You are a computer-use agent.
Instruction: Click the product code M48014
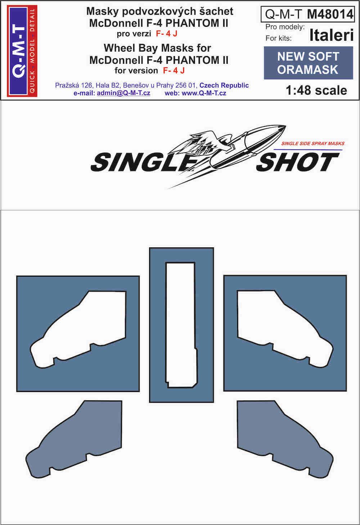click(x=330, y=14)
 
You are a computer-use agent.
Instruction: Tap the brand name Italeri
click(x=331, y=35)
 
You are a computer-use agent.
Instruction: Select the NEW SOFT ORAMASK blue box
click(x=308, y=63)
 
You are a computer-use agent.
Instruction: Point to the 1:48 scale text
click(x=316, y=90)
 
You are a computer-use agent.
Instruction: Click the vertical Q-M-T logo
click(x=22, y=51)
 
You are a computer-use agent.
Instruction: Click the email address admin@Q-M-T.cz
click(x=123, y=93)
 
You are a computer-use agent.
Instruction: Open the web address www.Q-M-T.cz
click(x=204, y=93)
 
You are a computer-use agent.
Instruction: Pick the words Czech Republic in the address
click(x=224, y=85)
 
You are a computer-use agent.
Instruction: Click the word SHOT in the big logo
click(x=298, y=162)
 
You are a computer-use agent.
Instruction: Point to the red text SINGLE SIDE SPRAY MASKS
click(x=313, y=143)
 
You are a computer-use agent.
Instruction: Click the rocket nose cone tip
click(x=286, y=126)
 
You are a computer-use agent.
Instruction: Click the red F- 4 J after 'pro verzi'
click(x=167, y=34)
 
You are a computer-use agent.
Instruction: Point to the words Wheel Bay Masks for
click(x=157, y=48)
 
